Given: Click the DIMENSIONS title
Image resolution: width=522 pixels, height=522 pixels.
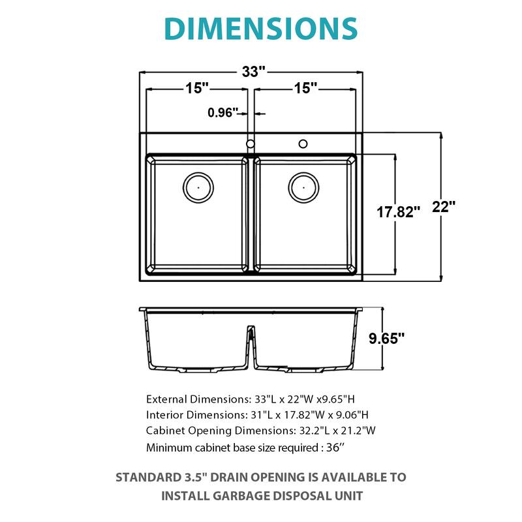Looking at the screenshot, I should pyautogui.click(x=260, y=28).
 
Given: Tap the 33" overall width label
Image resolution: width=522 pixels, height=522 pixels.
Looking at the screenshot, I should pyautogui.click(x=251, y=72).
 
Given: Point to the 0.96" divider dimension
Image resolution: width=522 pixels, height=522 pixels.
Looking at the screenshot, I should pyautogui.click(x=223, y=113).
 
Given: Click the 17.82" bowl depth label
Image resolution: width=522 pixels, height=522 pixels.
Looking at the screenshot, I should pyautogui.click(x=399, y=211).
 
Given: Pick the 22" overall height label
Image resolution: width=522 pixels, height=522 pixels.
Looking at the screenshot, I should pyautogui.click(x=444, y=207).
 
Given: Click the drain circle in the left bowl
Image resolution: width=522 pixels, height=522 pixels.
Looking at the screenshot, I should pyautogui.click(x=197, y=187).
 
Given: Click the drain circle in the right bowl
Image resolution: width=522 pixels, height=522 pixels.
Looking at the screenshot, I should pyautogui.click(x=303, y=187).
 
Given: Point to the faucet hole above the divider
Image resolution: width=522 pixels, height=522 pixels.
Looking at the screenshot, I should pyautogui.click(x=250, y=144).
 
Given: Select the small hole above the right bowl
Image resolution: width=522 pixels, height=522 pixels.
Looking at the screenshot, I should pyautogui.click(x=303, y=143).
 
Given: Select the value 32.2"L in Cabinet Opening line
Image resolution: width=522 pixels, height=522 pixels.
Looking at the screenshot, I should pyautogui.click(x=324, y=431).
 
